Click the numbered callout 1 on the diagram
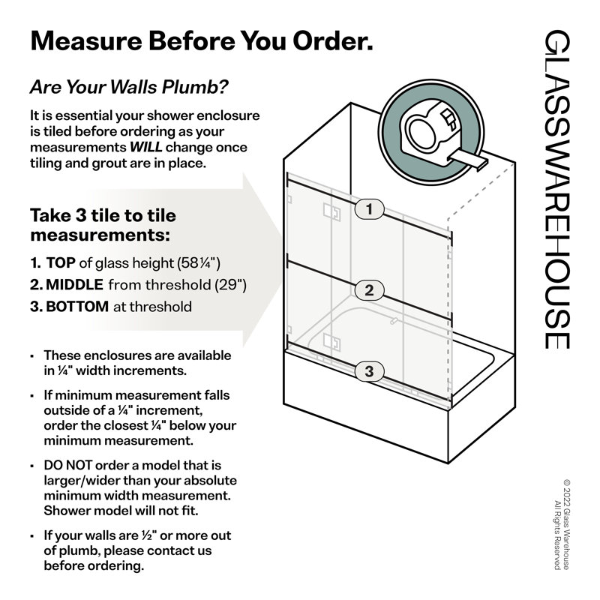(x=369, y=209)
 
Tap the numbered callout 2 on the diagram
(x=369, y=290)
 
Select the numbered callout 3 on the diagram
(x=369, y=371)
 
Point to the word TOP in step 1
(x=61, y=263)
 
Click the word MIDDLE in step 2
(x=74, y=285)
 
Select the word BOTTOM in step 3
(x=77, y=307)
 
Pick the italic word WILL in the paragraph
(x=145, y=147)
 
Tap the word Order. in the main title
(x=332, y=41)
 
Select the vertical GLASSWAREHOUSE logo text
(x=556, y=190)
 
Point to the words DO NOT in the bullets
(x=67, y=465)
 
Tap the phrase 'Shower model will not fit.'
(x=121, y=511)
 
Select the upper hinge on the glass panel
(x=331, y=211)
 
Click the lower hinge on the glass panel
(x=331, y=342)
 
